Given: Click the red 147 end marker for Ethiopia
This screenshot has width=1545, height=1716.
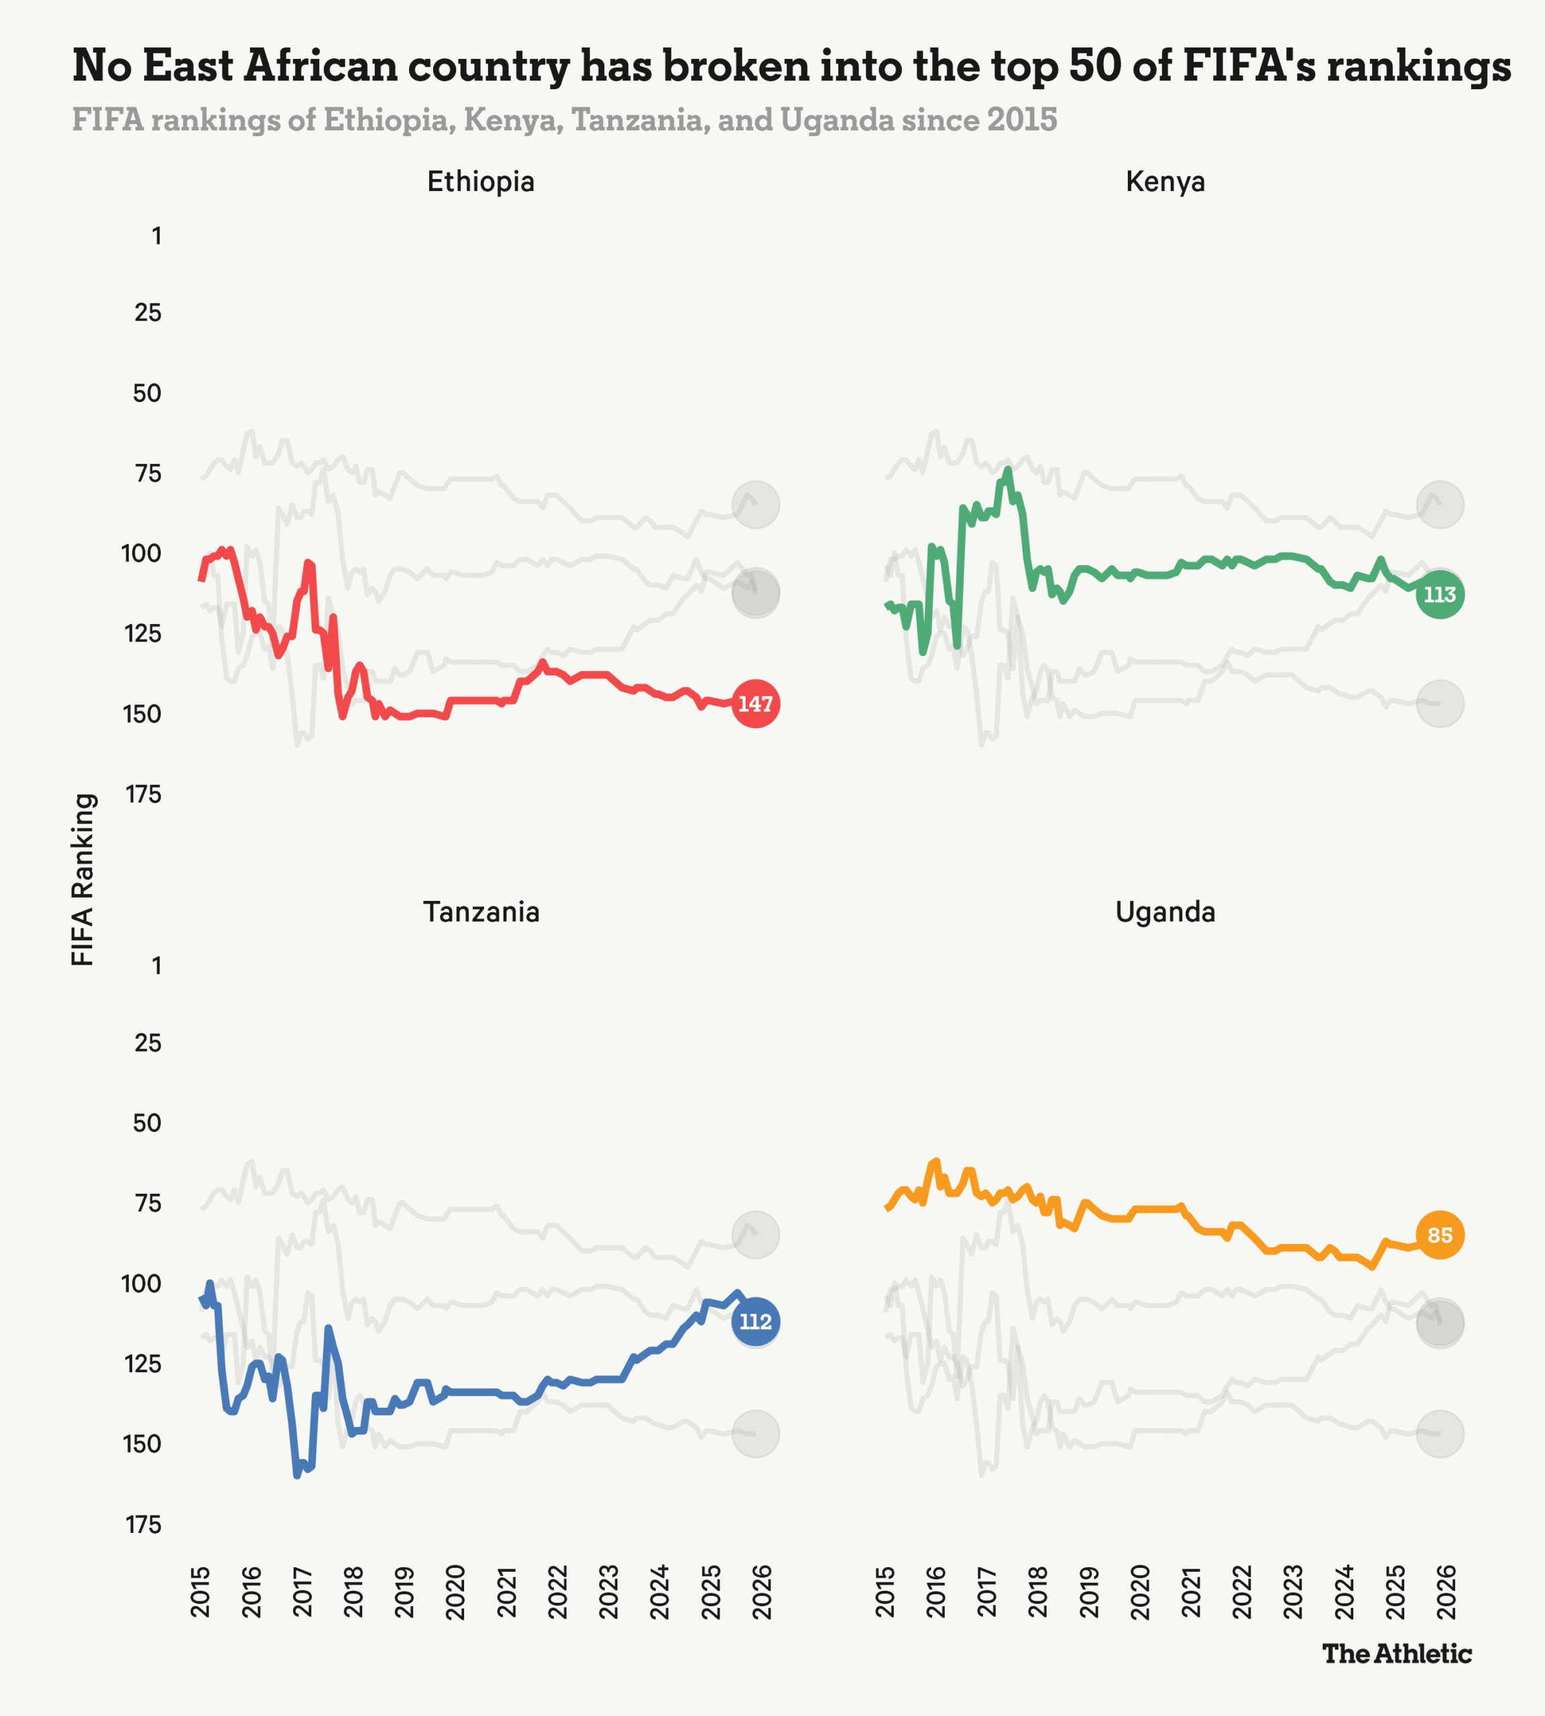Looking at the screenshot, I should pyautogui.click(x=754, y=704).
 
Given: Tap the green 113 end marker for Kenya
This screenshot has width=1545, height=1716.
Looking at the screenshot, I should pyautogui.click(x=1439, y=594).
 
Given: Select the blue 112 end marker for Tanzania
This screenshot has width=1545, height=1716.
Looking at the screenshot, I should pyautogui.click(x=754, y=1321).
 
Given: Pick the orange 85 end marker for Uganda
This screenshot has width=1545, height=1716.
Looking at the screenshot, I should pyautogui.click(x=1439, y=1235).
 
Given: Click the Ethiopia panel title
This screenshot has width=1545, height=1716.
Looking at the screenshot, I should pyautogui.click(x=481, y=182).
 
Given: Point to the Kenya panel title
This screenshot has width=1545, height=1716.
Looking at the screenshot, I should pyautogui.click(x=1165, y=182).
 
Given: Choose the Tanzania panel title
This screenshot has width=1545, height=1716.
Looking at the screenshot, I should pyautogui.click(x=481, y=912).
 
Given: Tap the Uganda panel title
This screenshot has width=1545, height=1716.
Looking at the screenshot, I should pyautogui.click(x=1165, y=912).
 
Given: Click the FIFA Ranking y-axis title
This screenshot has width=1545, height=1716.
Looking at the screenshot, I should pyautogui.click(x=82, y=879).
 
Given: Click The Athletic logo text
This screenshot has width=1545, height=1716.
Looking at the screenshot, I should pyautogui.click(x=1396, y=1653).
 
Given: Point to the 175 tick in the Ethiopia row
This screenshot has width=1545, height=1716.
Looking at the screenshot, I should pyautogui.click(x=143, y=794).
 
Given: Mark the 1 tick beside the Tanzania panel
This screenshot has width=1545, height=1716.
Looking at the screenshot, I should pyautogui.click(x=156, y=966).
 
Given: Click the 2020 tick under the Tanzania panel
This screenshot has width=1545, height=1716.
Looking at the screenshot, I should pyautogui.click(x=456, y=1592).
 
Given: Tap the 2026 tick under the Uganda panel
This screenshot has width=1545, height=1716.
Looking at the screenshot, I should pyautogui.click(x=1446, y=1592).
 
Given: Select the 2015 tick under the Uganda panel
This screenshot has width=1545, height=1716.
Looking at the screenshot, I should pyautogui.click(x=885, y=1592).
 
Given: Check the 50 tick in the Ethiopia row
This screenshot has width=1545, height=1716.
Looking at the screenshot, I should pyautogui.click(x=147, y=393).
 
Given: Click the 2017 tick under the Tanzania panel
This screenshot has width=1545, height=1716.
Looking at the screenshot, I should pyautogui.click(x=303, y=1592).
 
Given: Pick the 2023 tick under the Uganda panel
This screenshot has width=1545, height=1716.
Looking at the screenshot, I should pyautogui.click(x=1293, y=1592).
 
